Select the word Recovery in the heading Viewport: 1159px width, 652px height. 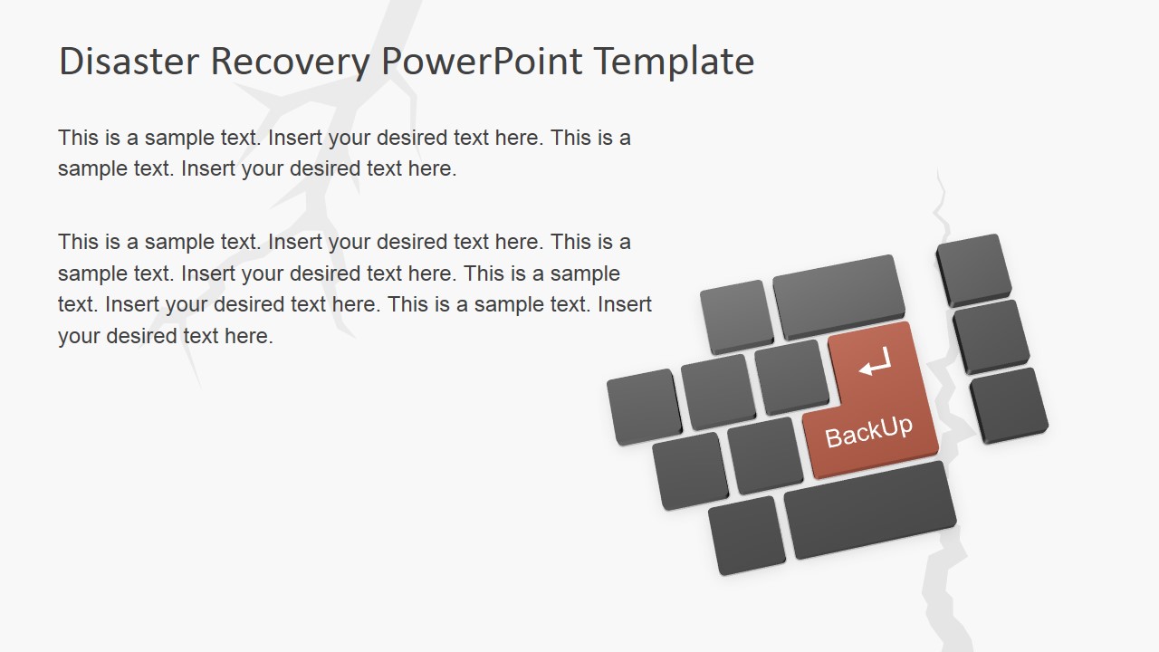click(x=290, y=62)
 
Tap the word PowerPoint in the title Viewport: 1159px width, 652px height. click(x=482, y=62)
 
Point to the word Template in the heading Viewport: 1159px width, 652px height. click(x=674, y=62)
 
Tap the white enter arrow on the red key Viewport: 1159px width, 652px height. click(x=875, y=365)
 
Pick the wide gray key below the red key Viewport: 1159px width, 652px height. click(x=869, y=509)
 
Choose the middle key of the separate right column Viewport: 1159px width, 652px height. click(x=990, y=334)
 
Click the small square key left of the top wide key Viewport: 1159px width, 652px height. click(x=735, y=314)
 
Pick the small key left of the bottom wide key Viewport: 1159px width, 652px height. click(x=746, y=534)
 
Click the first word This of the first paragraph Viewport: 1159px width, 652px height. click(x=78, y=138)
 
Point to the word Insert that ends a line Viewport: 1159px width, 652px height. click(x=625, y=304)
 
